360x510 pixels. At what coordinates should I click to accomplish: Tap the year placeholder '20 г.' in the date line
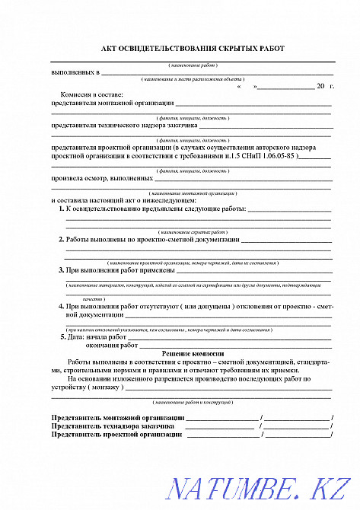324,88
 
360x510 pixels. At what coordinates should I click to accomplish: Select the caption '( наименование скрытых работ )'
193,231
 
